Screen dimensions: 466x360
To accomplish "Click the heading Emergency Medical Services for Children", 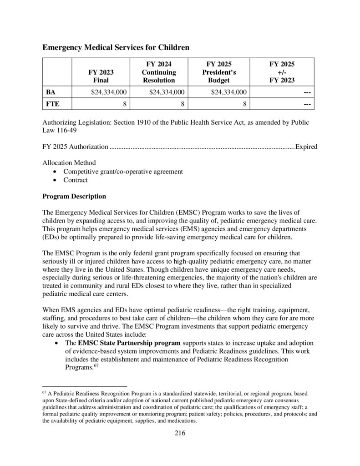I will (x=116, y=47).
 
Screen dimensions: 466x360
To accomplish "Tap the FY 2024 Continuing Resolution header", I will (x=158, y=72).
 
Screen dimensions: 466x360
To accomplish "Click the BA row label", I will (x=51, y=92).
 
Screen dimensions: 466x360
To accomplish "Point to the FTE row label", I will (x=52, y=104).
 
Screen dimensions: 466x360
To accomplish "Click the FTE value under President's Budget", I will (x=244, y=104).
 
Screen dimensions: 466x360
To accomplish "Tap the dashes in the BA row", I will (x=307, y=92).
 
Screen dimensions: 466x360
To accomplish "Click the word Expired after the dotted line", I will (x=306, y=147).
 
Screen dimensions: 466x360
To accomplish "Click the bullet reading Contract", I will (x=76, y=180).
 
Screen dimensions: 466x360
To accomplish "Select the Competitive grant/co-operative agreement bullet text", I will (x=123, y=172).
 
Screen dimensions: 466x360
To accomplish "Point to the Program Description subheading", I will (x=74, y=196).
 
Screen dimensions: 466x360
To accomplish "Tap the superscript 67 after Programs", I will (x=96, y=366).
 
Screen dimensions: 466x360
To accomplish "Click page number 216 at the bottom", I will (x=180, y=433).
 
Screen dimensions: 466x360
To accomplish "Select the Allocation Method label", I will (x=69, y=163).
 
